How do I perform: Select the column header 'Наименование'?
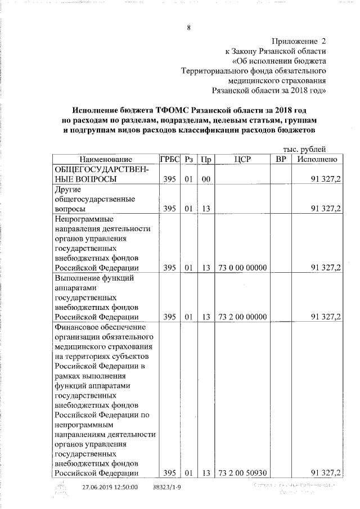click(105, 160)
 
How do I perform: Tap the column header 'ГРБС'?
click(169, 160)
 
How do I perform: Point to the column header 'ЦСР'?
click(241, 160)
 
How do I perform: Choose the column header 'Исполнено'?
click(318, 160)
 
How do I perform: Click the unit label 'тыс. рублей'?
click(304, 150)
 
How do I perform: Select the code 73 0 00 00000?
click(241, 268)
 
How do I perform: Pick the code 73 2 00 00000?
click(241, 317)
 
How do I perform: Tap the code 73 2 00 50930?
click(241, 472)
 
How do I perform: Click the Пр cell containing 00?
click(206, 179)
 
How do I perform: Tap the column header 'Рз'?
click(189, 160)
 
